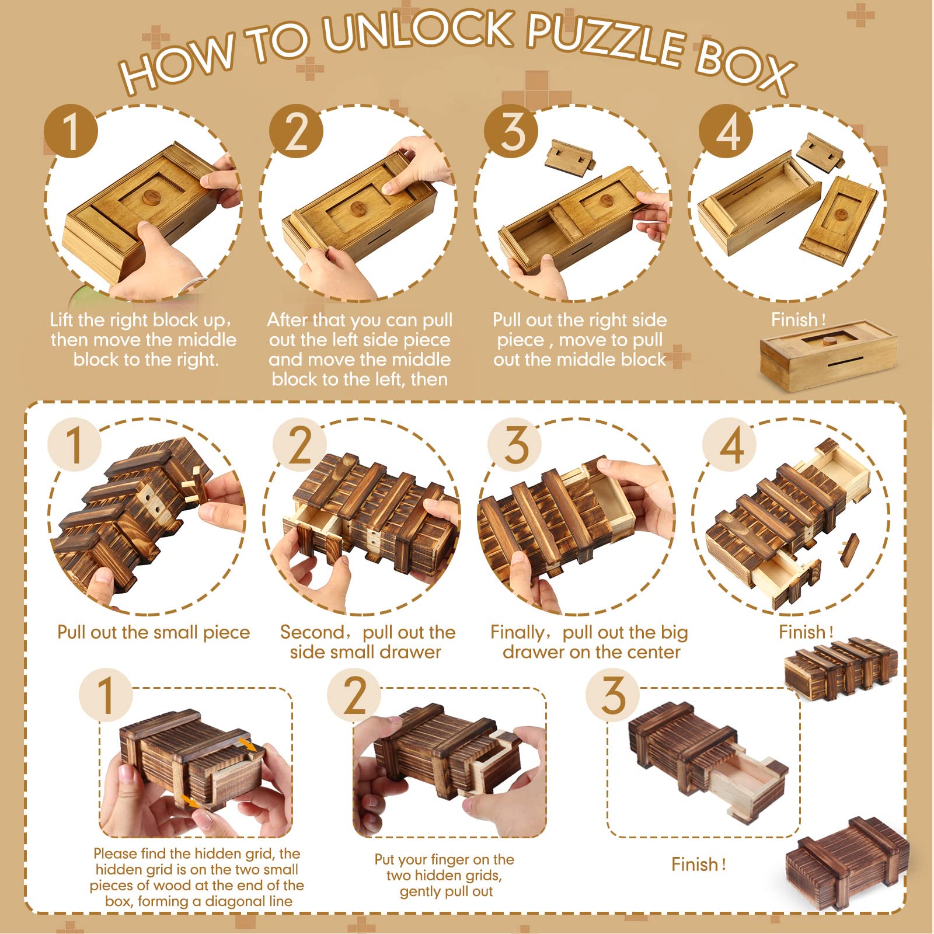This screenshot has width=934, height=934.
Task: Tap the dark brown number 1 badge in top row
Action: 71,131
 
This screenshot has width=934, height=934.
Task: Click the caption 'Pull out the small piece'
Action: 154,632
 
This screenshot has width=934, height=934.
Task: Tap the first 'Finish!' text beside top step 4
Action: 798,320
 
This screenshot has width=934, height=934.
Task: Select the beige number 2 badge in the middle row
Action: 300,445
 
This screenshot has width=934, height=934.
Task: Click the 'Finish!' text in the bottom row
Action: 698,864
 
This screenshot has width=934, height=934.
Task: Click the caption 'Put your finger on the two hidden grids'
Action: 445,875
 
